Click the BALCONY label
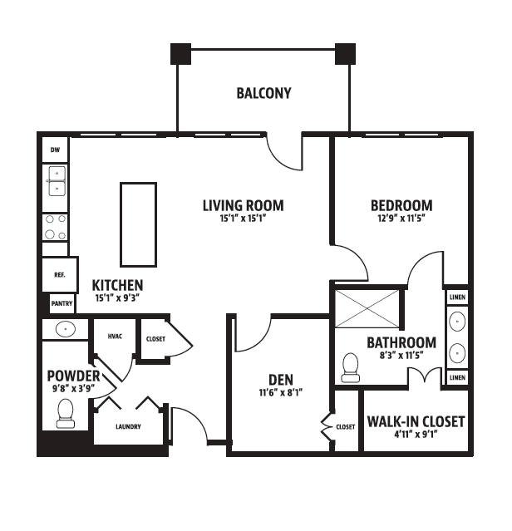263,93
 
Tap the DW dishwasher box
55,150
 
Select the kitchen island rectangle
138,224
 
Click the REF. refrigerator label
60,275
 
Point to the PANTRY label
62,303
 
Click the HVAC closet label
115,337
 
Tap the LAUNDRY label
128,426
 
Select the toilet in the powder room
66,414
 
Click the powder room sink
66,328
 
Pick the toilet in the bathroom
350,368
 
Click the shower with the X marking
367,309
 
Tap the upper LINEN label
457,297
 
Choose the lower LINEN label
457,377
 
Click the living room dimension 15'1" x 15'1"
243,219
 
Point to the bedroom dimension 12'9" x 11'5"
401,218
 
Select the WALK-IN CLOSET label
416,421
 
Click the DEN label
281,380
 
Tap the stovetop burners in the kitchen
55,227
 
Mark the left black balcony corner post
181,54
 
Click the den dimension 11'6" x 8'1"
281,392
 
